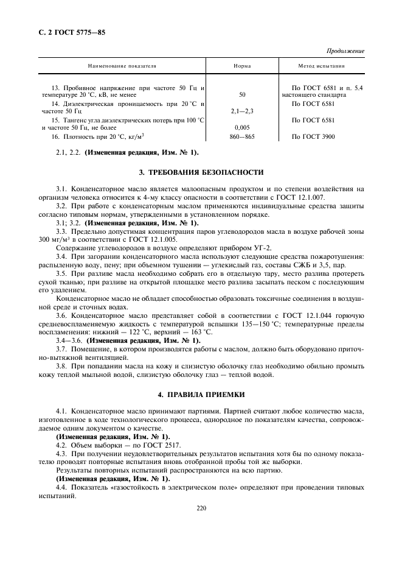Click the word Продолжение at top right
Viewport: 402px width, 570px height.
pos(345,51)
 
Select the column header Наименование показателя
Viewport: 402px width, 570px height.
pos(122,65)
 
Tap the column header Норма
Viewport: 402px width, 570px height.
pos(243,65)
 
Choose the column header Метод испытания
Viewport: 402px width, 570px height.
pos(321,65)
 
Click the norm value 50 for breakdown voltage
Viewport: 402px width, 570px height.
pos(243,95)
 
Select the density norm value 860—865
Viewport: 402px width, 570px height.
pos(243,137)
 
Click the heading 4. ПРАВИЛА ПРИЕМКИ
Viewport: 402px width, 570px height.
pos(201,395)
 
